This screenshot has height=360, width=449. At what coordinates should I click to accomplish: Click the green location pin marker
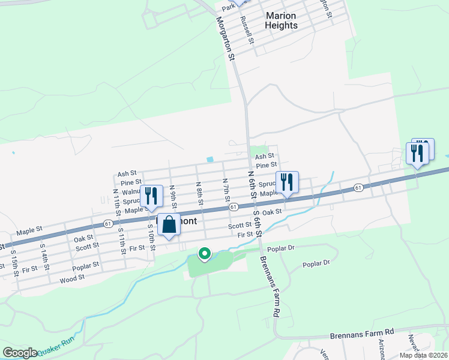point(204,254)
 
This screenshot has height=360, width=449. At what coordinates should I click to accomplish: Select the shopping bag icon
point(169,226)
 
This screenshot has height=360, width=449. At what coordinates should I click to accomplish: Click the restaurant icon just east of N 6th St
point(287,182)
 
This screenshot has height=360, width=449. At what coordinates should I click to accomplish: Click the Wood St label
point(72,279)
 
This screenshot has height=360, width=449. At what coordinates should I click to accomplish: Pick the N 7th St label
point(226,189)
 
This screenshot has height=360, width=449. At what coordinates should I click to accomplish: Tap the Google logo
point(20,353)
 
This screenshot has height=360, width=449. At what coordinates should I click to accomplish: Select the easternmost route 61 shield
point(358,188)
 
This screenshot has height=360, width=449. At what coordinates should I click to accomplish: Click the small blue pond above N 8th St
point(209,160)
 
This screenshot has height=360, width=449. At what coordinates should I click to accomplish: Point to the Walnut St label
point(131,192)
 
